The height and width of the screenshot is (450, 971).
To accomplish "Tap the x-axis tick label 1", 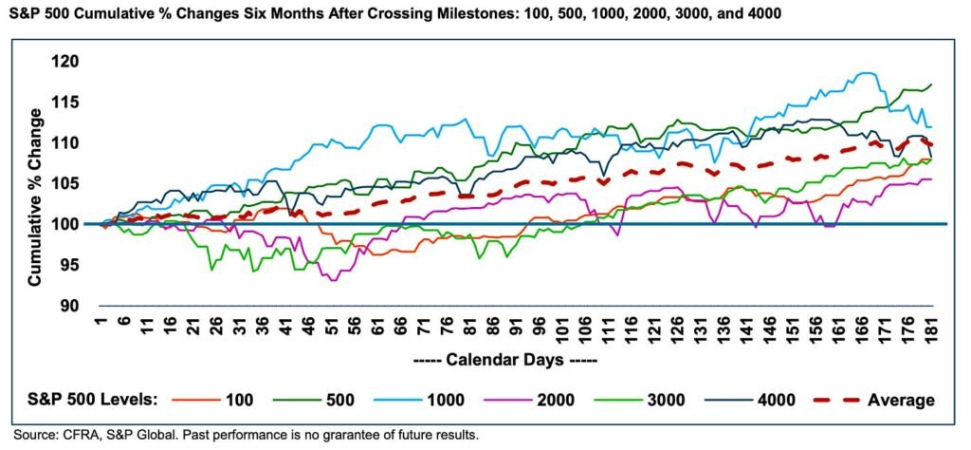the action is pos(101,325).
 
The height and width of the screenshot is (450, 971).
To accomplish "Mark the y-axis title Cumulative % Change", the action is pos(35,197).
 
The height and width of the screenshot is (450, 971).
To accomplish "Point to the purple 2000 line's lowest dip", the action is pos(334,280).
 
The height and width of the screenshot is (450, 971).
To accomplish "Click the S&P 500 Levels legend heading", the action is pos(94,400).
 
